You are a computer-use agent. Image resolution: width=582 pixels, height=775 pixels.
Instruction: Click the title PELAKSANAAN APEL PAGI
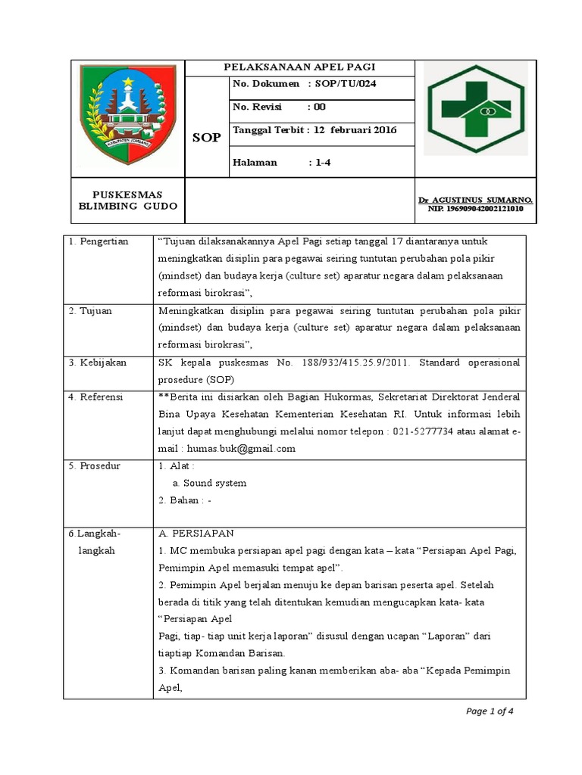300,67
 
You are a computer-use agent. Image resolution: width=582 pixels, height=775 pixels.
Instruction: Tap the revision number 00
321,107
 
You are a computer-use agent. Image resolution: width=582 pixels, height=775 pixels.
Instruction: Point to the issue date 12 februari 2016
353,129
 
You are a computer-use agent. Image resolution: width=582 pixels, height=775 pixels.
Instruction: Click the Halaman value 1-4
324,162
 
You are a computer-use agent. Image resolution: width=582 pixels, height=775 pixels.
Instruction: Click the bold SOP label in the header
206,138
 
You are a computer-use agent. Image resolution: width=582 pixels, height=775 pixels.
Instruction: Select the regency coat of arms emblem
128,118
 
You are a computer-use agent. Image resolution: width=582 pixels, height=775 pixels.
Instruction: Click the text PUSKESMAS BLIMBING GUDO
128,201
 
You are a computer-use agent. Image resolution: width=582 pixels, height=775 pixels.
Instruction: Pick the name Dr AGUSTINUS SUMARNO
475,200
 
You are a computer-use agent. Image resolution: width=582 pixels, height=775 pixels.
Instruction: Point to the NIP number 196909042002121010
475,209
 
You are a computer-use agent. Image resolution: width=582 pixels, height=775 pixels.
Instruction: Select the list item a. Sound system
209,483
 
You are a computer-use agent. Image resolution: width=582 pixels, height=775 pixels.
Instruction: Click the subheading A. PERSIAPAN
196,533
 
